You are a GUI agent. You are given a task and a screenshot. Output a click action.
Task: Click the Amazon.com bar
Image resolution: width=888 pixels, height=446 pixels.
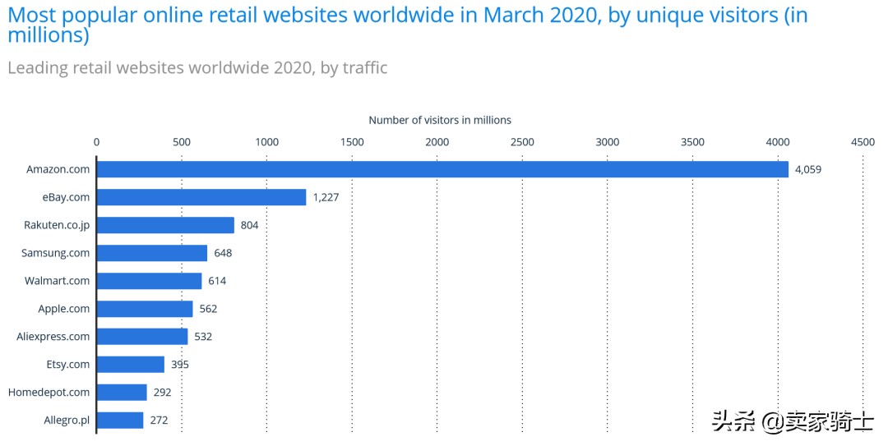(x=442, y=169)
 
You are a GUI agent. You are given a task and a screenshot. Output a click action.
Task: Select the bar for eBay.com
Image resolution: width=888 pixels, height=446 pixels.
(x=201, y=197)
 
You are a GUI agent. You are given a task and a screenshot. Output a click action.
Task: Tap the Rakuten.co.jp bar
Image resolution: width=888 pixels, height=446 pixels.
(x=165, y=225)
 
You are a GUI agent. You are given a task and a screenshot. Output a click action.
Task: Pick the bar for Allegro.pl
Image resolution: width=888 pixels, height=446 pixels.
(x=120, y=421)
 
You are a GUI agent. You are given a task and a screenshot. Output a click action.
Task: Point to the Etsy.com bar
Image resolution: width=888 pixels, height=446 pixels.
(x=131, y=365)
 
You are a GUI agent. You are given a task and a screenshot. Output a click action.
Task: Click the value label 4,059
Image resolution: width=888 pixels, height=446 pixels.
(x=808, y=170)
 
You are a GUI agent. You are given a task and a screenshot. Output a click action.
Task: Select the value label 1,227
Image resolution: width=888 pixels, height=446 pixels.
(x=326, y=198)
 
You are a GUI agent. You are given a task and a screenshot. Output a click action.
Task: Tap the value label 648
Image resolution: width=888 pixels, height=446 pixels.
(x=223, y=253)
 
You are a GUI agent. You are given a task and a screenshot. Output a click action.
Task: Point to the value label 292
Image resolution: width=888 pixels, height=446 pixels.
(x=162, y=393)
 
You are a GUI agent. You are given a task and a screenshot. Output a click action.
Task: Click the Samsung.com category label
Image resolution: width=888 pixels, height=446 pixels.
(x=55, y=253)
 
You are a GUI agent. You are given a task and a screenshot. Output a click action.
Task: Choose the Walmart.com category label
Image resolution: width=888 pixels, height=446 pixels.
(x=57, y=281)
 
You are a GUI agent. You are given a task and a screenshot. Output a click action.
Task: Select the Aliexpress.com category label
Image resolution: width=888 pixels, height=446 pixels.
(x=53, y=337)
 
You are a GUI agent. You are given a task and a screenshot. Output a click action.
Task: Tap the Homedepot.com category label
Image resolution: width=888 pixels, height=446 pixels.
(x=49, y=393)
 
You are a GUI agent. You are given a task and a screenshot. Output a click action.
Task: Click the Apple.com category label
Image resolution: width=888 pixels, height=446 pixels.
(x=63, y=309)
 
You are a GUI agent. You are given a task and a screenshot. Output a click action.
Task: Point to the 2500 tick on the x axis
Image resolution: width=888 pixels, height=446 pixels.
(x=522, y=142)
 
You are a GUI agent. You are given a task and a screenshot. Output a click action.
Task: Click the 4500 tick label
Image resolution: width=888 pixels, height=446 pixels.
(x=863, y=142)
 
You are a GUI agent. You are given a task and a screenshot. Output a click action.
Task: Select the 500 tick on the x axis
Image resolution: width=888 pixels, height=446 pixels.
(x=182, y=142)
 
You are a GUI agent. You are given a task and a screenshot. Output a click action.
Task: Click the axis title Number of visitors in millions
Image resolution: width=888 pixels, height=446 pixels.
(x=440, y=120)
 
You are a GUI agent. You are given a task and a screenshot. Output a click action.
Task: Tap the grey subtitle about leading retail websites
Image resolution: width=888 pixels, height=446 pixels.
(x=197, y=67)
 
